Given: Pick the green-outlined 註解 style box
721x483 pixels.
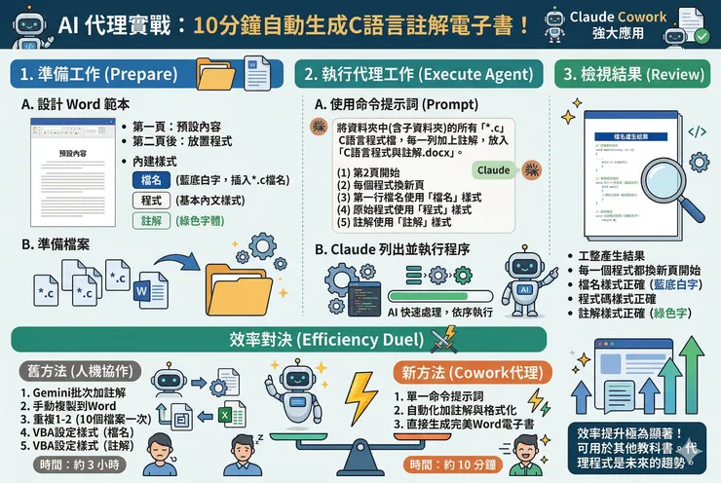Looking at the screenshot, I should coord(151,220).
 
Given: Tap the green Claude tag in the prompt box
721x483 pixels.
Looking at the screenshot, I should coord(493,170).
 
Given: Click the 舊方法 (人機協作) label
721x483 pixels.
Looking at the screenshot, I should coord(77,371).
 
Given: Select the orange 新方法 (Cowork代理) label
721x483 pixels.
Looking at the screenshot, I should coord(458,371).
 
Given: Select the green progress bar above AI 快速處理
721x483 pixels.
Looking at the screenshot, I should coord(436,294).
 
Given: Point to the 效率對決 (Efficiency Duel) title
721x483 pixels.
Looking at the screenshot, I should coord(331,340).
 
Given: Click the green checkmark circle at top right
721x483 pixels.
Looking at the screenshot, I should coord(702,36).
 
